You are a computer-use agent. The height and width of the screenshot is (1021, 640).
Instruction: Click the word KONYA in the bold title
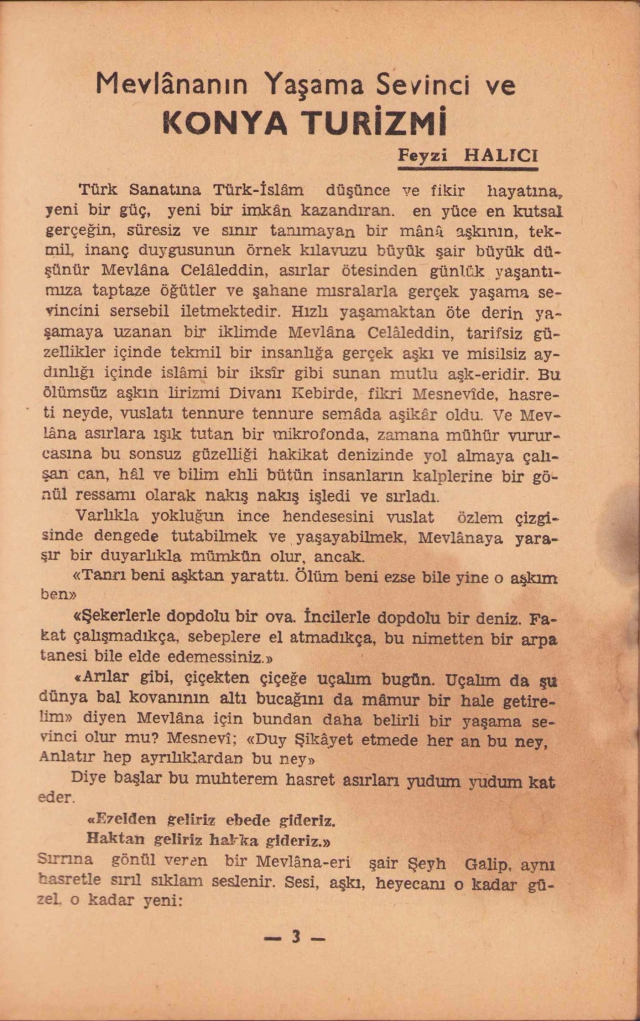pyautogui.click(x=225, y=123)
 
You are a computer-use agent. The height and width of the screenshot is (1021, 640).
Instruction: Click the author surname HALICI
pyautogui.click(x=500, y=155)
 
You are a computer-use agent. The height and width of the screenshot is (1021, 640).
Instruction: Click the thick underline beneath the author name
pyautogui.click(x=468, y=168)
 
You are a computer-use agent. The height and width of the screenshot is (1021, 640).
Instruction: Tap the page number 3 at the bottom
pyautogui.click(x=295, y=937)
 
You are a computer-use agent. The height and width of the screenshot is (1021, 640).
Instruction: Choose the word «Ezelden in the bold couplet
pyautogui.click(x=123, y=819)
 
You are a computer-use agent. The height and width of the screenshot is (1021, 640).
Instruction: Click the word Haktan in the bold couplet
pyautogui.click(x=115, y=839)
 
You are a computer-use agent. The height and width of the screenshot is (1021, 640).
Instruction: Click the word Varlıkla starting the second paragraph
pyautogui.click(x=107, y=515)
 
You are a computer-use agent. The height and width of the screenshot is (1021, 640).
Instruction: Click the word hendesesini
pyautogui.click(x=330, y=516)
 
